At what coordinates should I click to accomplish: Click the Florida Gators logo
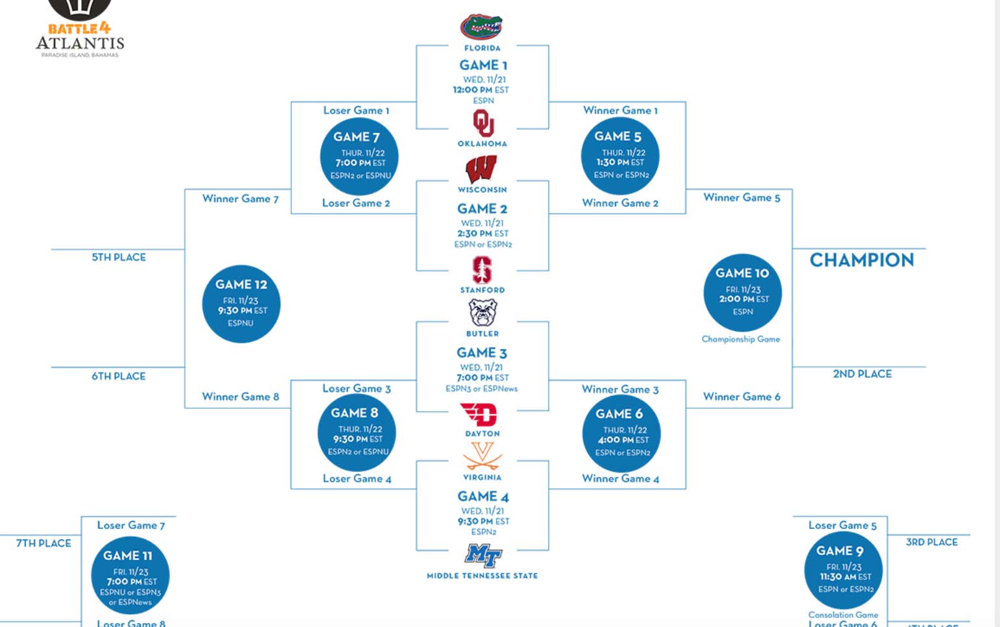coord(481,27)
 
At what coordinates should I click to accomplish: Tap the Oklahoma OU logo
coord(482,123)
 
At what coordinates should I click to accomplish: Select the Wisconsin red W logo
coord(481,169)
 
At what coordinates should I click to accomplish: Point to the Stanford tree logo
coord(482,270)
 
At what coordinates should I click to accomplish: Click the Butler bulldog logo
coord(482,313)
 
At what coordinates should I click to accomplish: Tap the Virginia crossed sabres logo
coord(482,456)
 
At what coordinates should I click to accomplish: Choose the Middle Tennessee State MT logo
coord(483,556)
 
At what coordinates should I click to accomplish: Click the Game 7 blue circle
coord(358,156)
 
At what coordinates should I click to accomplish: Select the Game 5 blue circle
coord(620,156)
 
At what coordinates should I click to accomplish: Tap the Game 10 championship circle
coord(742,293)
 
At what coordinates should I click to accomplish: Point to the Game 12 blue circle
coord(241,303)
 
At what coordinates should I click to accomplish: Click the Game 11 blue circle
coord(130,576)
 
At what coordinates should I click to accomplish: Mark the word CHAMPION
coord(862,260)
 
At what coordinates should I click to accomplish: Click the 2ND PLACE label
coord(862,374)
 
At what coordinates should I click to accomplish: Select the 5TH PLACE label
coord(119,258)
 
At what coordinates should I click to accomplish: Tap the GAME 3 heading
coord(481,353)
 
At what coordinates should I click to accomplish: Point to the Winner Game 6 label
coord(742,397)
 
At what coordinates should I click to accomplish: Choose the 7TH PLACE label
coord(44,543)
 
